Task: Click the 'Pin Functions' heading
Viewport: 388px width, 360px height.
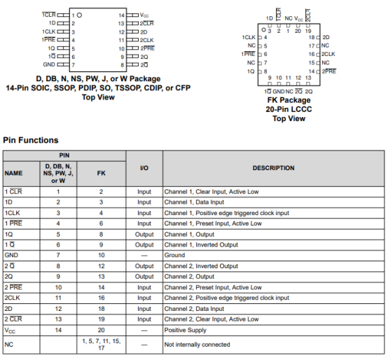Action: click(30, 140)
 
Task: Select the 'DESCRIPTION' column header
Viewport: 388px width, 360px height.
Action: click(274, 168)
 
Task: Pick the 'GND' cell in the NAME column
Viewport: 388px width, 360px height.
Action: click(11, 256)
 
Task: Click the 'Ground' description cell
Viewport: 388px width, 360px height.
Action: click(175, 256)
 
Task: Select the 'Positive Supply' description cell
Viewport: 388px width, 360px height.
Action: click(185, 329)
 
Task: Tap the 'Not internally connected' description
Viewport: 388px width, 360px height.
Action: click(195, 344)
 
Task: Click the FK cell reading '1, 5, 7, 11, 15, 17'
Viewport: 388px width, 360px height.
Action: click(101, 344)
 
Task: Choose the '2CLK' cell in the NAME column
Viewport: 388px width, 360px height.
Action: click(13, 298)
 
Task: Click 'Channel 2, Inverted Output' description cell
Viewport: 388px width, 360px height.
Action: click(201, 266)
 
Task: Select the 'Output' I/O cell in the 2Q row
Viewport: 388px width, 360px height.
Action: click(144, 277)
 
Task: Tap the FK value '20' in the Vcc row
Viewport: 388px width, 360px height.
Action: click(101, 329)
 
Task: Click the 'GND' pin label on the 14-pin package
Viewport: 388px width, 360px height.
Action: click(50, 64)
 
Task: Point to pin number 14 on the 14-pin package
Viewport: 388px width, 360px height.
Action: click(121, 15)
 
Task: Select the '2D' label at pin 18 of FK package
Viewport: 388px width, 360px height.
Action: click(326, 36)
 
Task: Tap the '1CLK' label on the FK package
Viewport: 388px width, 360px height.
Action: click(249, 37)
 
